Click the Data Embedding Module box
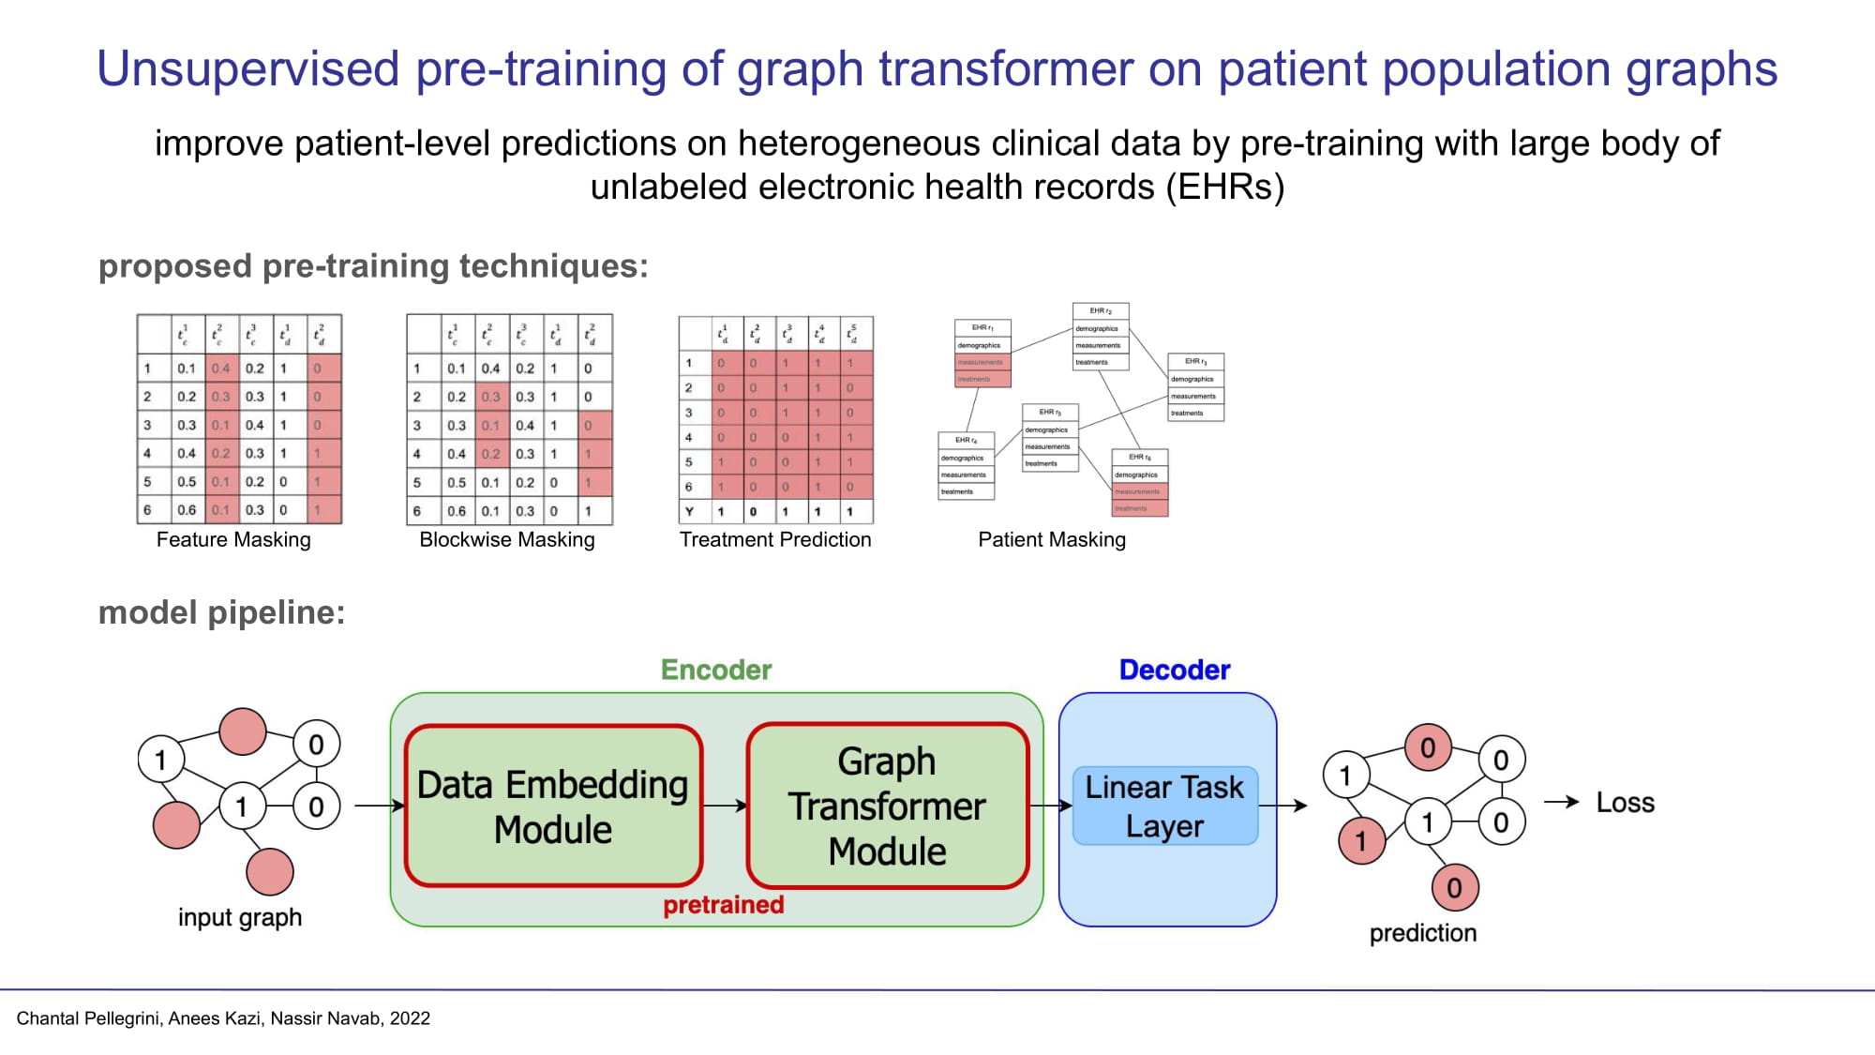553,806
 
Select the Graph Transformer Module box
887,806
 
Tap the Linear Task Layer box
1164,806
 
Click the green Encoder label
716,670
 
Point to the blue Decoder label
1174,670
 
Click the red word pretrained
723,905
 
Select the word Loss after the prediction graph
1625,803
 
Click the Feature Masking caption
233,539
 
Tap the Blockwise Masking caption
506,539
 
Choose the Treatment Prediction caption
775,539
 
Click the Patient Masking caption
1052,539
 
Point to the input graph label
240,917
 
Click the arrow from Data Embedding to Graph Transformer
724,806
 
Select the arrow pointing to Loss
1561,802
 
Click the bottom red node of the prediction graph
1454,887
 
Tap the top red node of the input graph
243,731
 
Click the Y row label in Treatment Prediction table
690,512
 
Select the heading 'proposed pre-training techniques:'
373,266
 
